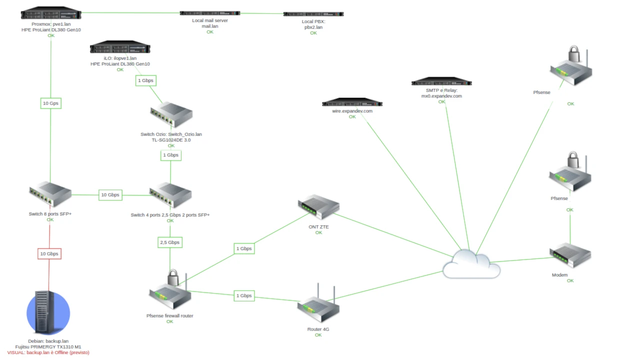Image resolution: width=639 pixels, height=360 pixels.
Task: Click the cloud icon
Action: [471, 264]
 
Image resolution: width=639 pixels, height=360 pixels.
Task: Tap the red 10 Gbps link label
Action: [49, 253]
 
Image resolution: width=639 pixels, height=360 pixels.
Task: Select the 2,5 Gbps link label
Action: [170, 242]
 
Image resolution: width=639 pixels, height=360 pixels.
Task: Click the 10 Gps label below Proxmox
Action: [50, 103]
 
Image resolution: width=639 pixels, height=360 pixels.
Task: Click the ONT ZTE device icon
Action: [318, 207]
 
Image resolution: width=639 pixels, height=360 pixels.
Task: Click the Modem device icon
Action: [570, 255]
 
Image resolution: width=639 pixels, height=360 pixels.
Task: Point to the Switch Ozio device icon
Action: [171, 115]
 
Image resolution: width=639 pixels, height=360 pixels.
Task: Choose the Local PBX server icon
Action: [313, 14]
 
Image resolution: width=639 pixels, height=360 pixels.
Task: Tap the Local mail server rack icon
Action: [209, 13]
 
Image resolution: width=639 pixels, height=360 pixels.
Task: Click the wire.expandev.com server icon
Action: [352, 103]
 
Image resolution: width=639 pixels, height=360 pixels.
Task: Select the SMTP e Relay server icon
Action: [441, 82]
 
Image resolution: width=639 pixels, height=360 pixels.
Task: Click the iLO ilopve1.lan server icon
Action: [120, 48]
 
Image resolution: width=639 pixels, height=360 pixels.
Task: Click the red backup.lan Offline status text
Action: [48, 352]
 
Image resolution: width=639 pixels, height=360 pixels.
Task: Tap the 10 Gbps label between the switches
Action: [110, 195]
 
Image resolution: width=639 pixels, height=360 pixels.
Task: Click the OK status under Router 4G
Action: [318, 335]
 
